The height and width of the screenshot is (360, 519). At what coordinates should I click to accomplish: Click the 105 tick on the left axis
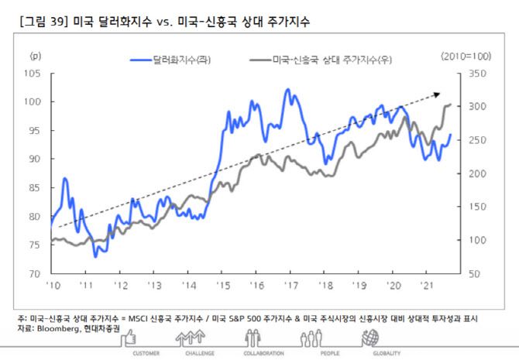pyautogui.click(x=35, y=74)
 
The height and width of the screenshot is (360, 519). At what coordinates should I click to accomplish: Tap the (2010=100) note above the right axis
pyautogui.click(x=467, y=57)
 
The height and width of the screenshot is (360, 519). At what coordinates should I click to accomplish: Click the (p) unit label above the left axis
pyautogui.click(x=35, y=57)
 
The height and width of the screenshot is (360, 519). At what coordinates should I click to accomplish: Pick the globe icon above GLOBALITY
pyautogui.click(x=371, y=338)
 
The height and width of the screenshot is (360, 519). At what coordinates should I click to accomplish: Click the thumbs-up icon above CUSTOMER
pyautogui.click(x=129, y=338)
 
